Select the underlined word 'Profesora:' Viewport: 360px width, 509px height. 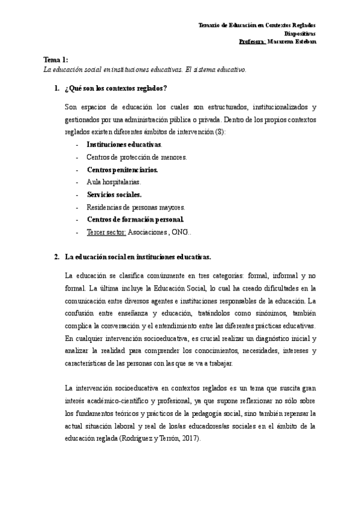tap(252, 42)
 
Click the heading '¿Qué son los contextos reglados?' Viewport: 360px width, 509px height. tap(115, 89)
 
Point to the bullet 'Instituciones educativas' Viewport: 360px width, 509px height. tap(124, 145)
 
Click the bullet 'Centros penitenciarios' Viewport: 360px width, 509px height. tap(122, 170)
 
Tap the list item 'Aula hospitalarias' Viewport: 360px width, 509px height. tap(113, 182)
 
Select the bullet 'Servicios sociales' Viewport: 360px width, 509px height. tap(114, 194)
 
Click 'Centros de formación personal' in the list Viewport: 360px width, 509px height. tap(135, 219)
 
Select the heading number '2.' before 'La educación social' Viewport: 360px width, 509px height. tap(57, 257)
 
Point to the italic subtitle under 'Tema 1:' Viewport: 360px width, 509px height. tap(145, 69)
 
